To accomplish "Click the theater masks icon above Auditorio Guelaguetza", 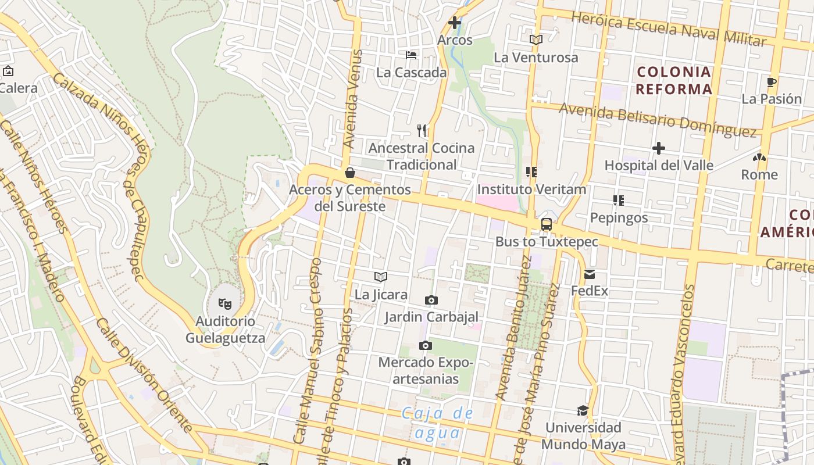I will pyautogui.click(x=224, y=303).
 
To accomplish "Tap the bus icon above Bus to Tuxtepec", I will pyautogui.click(x=547, y=224).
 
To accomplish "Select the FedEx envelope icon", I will pyautogui.click(x=590, y=274).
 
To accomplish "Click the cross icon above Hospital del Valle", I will pyautogui.click(x=658, y=148).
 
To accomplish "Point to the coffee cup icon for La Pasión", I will pyautogui.click(x=772, y=82).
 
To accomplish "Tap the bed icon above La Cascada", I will pyautogui.click(x=411, y=56).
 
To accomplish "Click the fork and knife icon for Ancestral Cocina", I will pyautogui.click(x=422, y=131).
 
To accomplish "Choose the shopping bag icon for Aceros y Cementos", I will pyautogui.click(x=350, y=173).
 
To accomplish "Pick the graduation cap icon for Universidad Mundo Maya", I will pyautogui.click(x=583, y=411).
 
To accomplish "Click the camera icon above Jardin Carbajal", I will pyautogui.click(x=431, y=300).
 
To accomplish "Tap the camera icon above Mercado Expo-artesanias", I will pyautogui.click(x=426, y=345).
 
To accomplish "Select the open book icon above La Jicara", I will pyautogui.click(x=381, y=277).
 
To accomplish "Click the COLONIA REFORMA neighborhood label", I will pyautogui.click(x=674, y=80).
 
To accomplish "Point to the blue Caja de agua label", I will pyautogui.click(x=438, y=423).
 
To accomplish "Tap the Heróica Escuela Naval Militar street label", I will pyautogui.click(x=669, y=28).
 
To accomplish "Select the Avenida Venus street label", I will pyautogui.click(x=353, y=99).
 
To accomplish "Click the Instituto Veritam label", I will pyautogui.click(x=531, y=189).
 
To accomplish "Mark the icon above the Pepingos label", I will pyautogui.click(x=619, y=201).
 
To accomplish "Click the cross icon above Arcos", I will pyautogui.click(x=455, y=23).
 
